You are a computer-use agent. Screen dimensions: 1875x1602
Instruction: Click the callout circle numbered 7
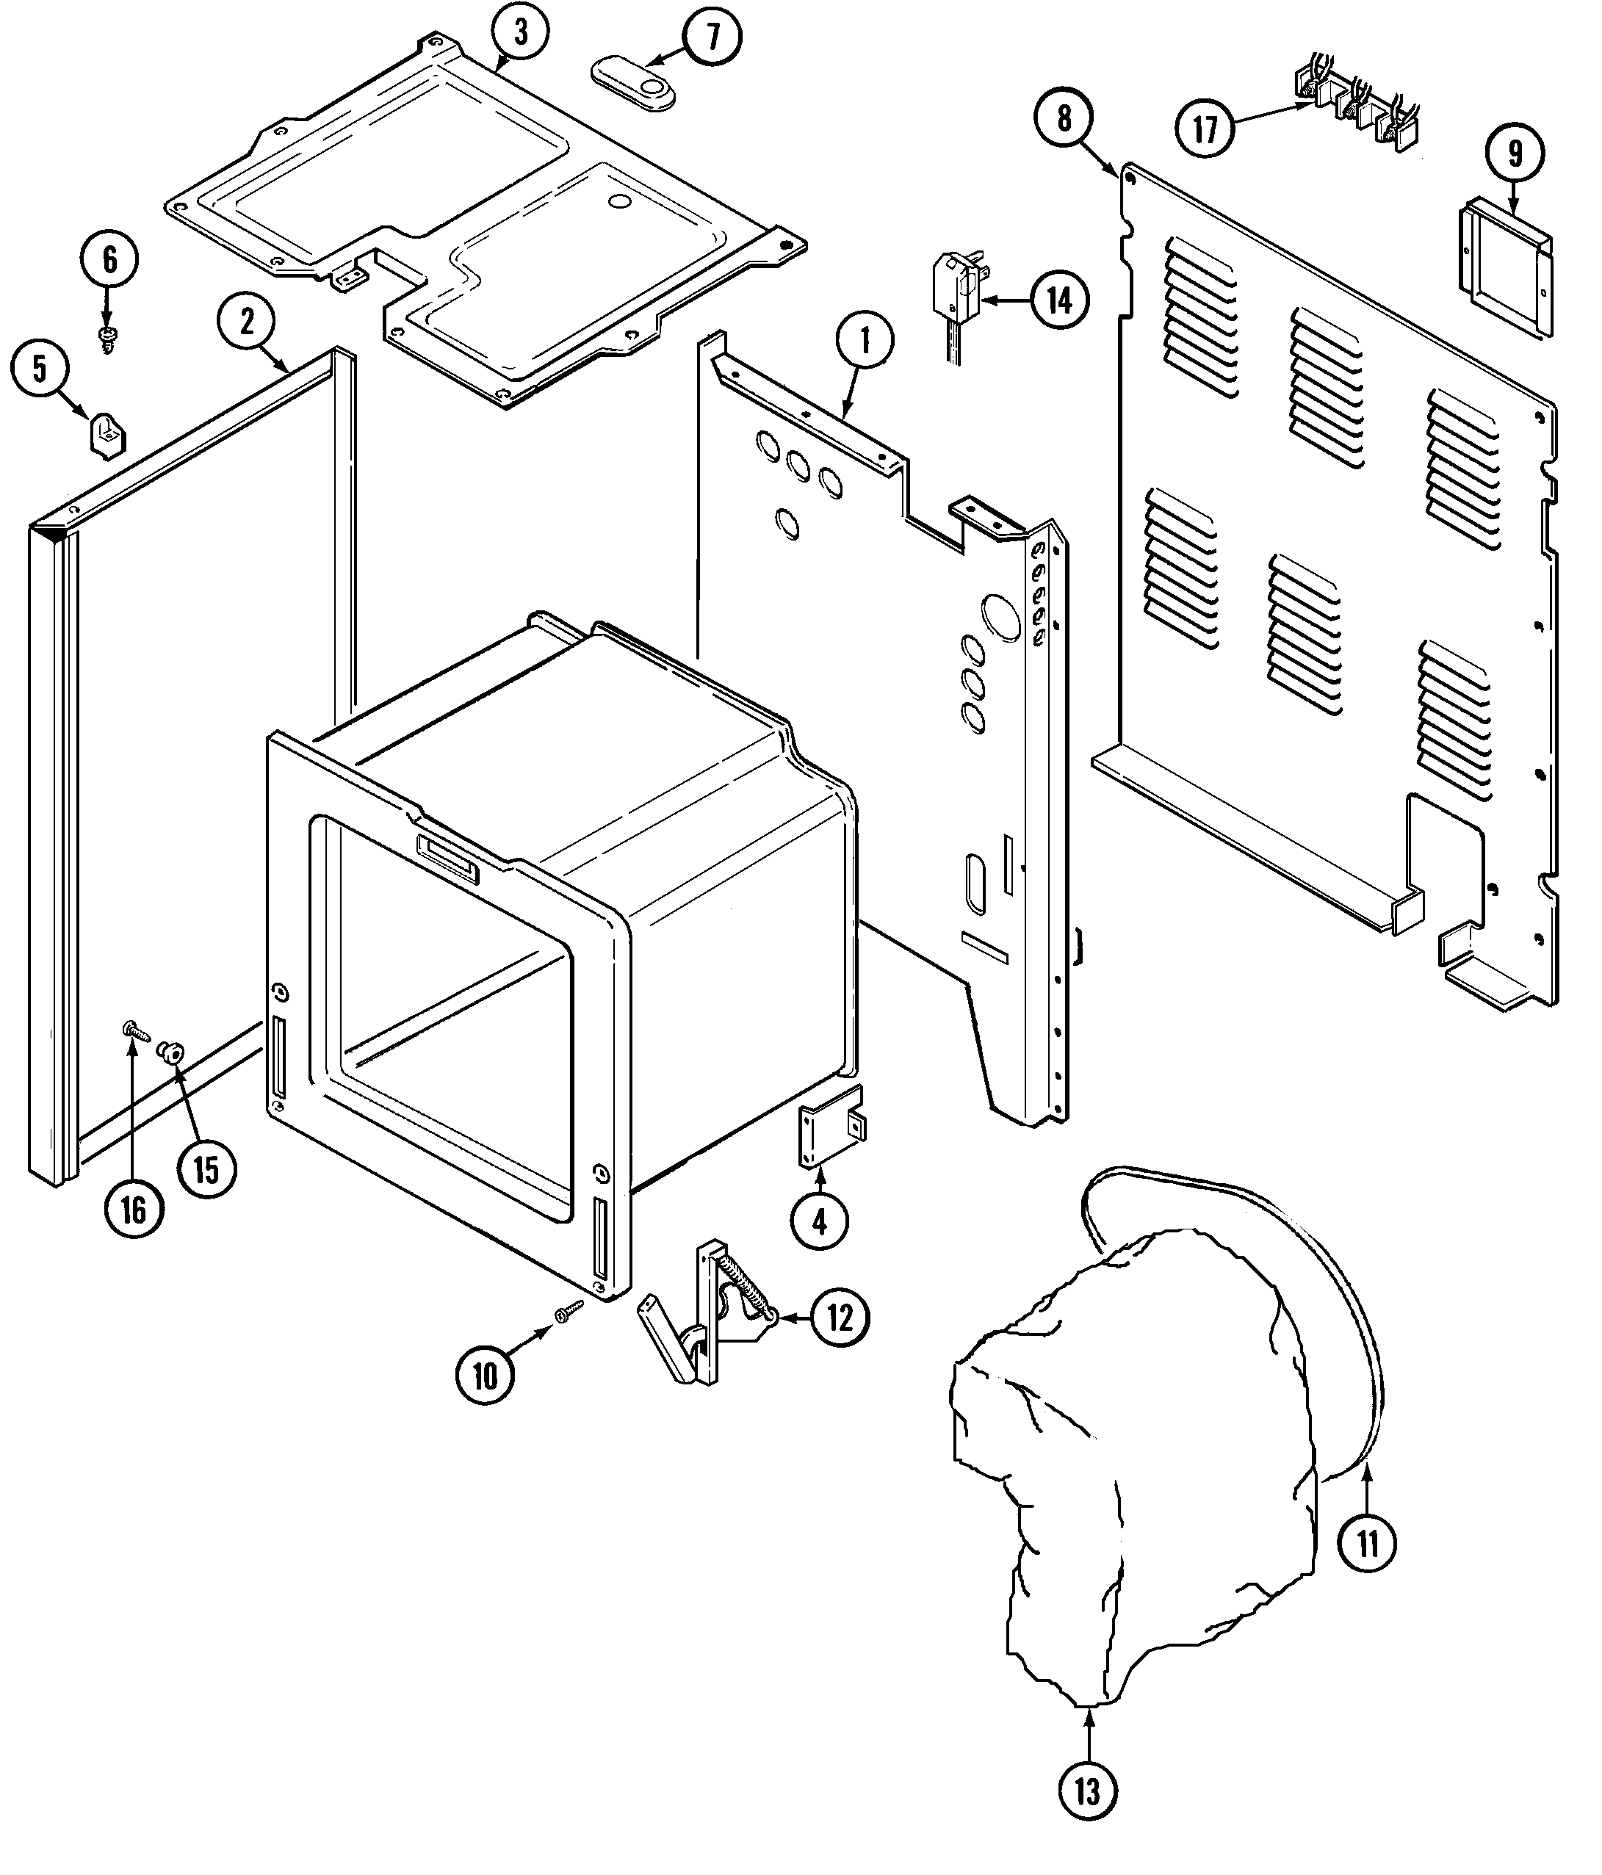(712, 37)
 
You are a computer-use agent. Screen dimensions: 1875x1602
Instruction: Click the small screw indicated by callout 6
(108, 335)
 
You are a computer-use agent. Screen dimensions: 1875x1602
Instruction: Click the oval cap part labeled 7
(635, 86)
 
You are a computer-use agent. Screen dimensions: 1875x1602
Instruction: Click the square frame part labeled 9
(1504, 265)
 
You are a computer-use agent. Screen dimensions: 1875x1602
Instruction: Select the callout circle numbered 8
(1064, 118)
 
